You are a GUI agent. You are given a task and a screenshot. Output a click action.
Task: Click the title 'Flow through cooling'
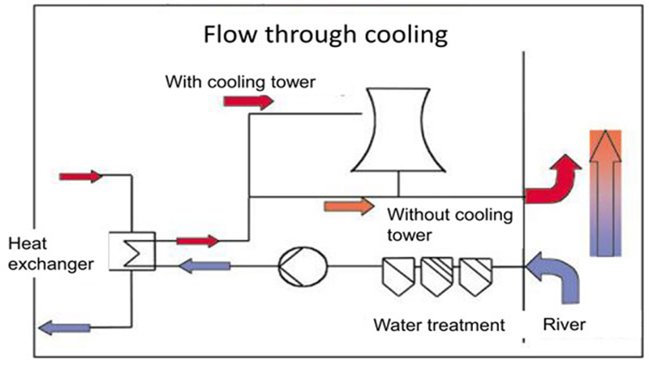[x=325, y=35]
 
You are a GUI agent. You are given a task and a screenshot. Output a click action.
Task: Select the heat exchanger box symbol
[x=132, y=251]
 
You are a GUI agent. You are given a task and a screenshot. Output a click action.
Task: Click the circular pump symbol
[x=303, y=267]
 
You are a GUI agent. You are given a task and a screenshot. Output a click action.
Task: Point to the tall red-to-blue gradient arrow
[x=605, y=193]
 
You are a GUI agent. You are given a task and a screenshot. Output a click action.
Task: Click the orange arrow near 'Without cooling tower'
[x=350, y=206]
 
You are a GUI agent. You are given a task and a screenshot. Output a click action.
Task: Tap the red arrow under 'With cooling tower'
[x=248, y=101]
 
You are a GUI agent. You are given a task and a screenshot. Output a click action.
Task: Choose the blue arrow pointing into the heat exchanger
[x=204, y=266]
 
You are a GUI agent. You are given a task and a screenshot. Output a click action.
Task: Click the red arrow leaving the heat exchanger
[x=198, y=241]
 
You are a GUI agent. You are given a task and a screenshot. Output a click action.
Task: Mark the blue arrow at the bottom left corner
[x=64, y=328]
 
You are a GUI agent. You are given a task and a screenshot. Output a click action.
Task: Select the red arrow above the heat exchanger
[x=80, y=177]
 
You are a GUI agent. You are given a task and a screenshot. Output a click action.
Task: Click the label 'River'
[x=564, y=324]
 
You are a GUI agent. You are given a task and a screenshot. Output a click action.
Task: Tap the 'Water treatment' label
[x=439, y=325]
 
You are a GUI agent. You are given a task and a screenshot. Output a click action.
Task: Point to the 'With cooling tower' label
[x=240, y=82]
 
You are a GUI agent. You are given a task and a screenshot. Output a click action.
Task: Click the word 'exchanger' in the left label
[x=51, y=264]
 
